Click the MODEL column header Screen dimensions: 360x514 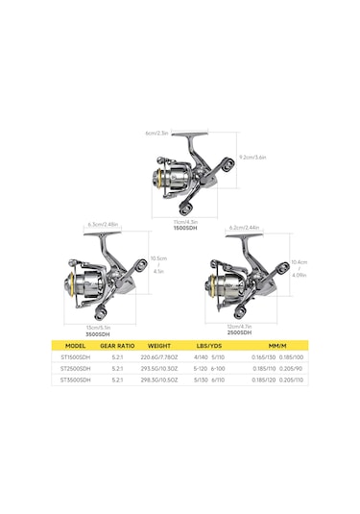[x=76, y=346]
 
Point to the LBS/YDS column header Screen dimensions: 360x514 [x=211, y=346]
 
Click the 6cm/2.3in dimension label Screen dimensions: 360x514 [x=157, y=133]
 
